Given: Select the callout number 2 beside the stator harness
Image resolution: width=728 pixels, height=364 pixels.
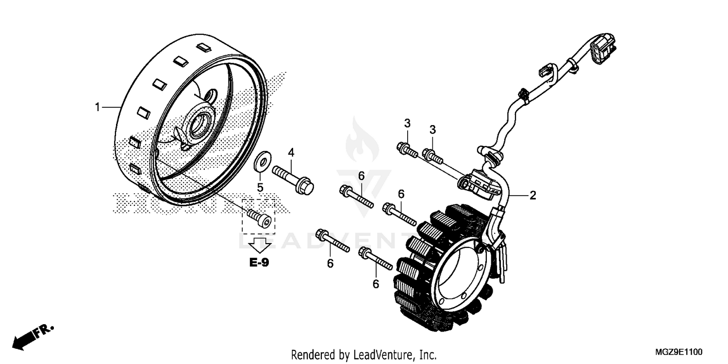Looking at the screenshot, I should click(532, 196).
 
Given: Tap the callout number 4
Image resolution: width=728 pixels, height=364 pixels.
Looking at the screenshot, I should click(291, 152).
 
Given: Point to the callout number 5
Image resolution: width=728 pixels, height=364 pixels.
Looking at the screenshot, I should click(260, 187).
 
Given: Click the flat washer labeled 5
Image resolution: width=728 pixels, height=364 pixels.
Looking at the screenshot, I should click(262, 161).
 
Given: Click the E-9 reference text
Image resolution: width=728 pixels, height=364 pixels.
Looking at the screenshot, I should click(260, 263).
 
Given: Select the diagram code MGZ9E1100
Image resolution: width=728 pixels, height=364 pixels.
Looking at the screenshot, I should click(682, 352).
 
